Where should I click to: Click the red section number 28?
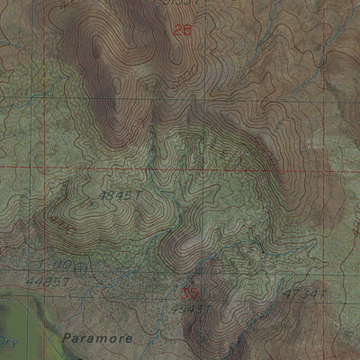point(183,30)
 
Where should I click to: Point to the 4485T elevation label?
point(51,283)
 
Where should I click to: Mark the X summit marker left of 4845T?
point(93,203)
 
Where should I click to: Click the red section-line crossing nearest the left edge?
point(40,167)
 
